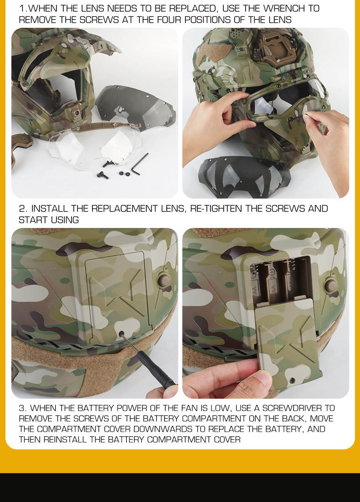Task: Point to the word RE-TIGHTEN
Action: tap(216, 208)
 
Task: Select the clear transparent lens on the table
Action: tap(93, 145)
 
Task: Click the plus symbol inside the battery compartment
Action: tap(273, 272)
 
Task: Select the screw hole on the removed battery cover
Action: tap(292, 380)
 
